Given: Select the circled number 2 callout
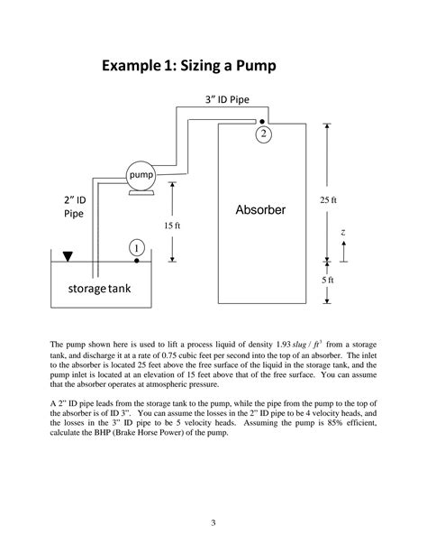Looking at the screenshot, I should tap(263, 134).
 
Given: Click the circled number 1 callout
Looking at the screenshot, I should tap(136, 246).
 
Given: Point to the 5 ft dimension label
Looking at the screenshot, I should tap(328, 281).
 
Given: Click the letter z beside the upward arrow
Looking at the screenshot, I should tap(343, 232).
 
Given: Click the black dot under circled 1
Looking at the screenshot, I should tap(136, 261).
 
